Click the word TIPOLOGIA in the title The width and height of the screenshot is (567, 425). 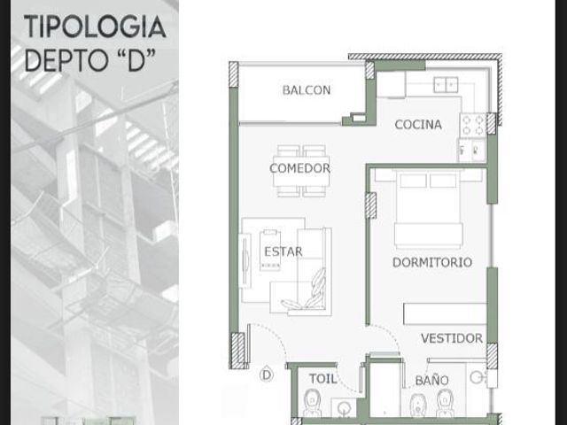tap(95, 27)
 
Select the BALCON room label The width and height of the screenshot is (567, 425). tap(307, 90)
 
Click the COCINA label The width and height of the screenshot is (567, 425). tap(418, 125)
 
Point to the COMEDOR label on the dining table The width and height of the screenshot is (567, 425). tap(299, 168)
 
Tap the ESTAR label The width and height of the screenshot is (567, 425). tap(283, 251)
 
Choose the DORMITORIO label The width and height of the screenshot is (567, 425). tap(432, 262)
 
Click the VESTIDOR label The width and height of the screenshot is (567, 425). tap(452, 338)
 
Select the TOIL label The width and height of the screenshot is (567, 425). tap(322, 378)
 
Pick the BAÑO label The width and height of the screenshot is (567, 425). tap(431, 380)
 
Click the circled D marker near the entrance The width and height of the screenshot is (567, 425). tap(267, 375)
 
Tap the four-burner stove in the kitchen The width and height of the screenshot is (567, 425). tap(473, 125)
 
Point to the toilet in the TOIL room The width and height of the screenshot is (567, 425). tap(311, 403)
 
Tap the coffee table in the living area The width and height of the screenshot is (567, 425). tap(269, 250)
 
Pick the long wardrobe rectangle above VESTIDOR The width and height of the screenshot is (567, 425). tap(445, 313)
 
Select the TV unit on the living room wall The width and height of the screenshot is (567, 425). tap(245, 260)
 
